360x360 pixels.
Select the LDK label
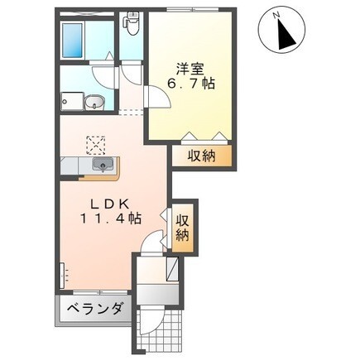(x=102, y=204)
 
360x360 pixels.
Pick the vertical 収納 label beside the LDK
(x=182, y=227)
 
